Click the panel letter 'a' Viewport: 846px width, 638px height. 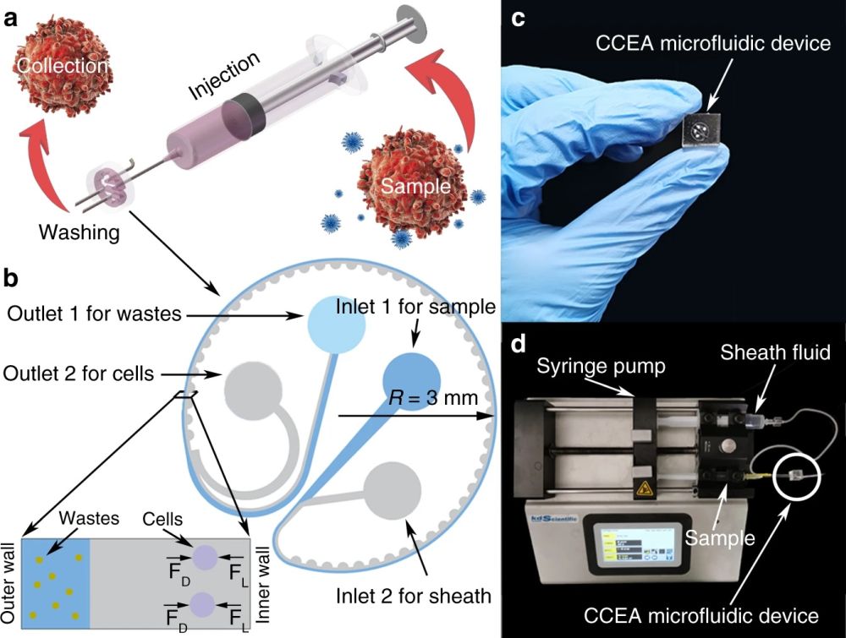[13, 19]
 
